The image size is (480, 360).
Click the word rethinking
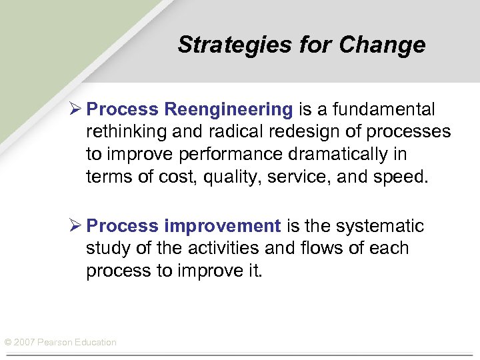tap(125, 131)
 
